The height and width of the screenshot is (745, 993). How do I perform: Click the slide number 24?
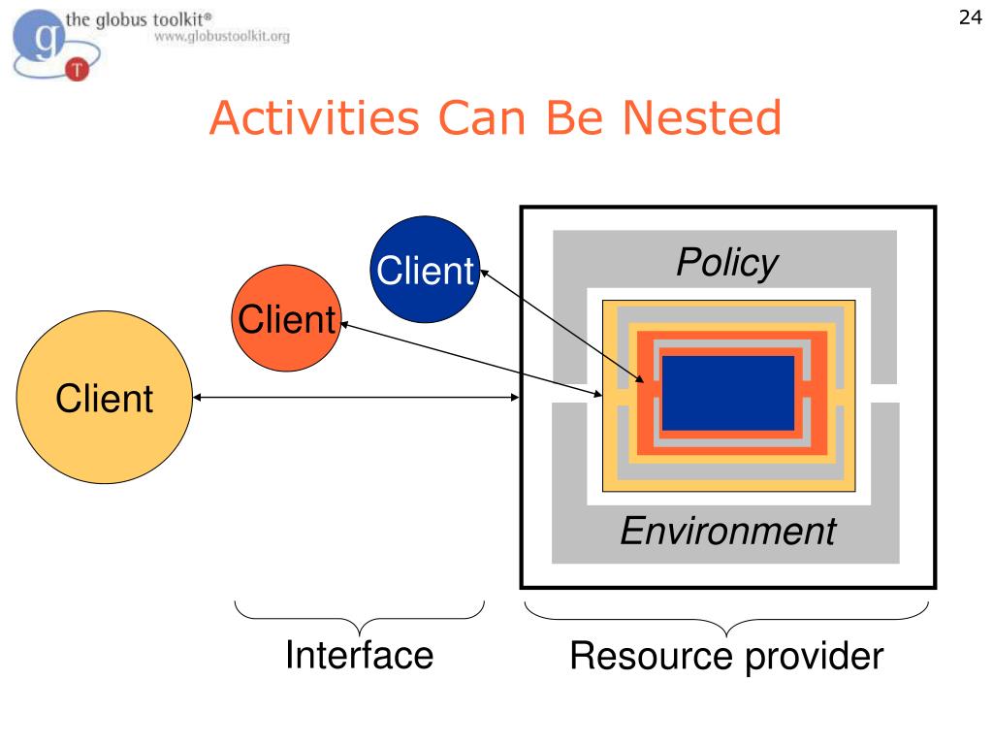[970, 18]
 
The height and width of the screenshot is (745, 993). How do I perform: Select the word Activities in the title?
[314, 118]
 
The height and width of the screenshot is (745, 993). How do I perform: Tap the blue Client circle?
[426, 270]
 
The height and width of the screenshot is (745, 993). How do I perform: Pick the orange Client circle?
[286, 319]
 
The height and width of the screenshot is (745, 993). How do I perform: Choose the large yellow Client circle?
[104, 399]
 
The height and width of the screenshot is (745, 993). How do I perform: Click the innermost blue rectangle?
[727, 393]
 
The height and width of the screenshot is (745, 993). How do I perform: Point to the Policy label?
[726, 263]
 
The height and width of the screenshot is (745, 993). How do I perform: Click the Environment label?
[727, 531]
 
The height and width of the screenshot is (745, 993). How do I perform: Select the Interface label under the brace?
[359, 655]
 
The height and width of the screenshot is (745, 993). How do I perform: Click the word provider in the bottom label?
[815, 657]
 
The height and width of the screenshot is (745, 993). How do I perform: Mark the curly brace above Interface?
[359, 616]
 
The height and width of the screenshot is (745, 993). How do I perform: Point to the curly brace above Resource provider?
[727, 617]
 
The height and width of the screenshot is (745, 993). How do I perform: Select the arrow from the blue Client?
[562, 326]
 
